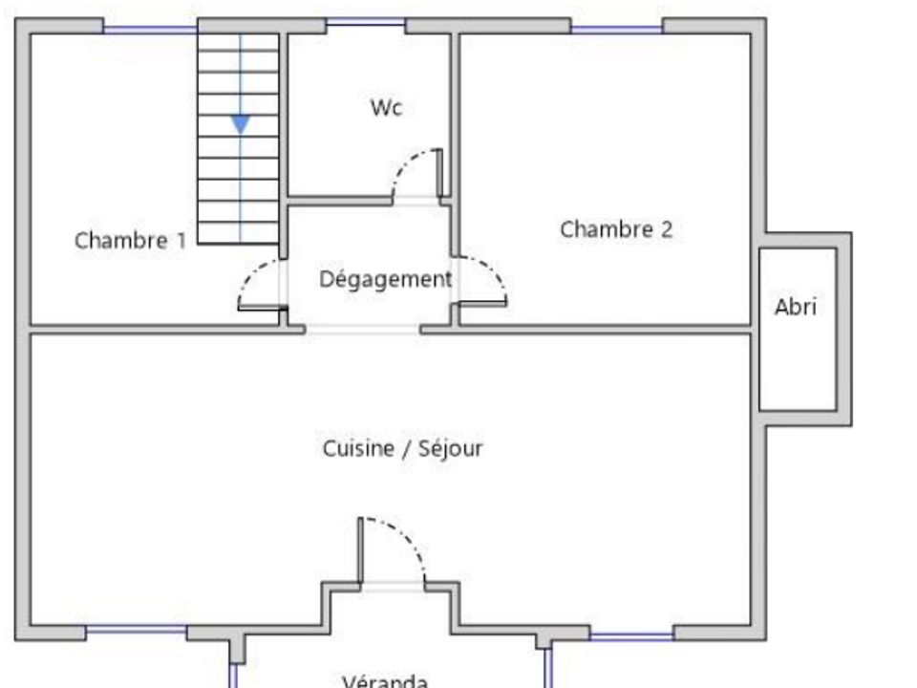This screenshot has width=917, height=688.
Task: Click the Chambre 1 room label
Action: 131,241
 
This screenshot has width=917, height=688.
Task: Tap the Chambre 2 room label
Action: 616,228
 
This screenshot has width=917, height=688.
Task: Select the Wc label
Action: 387,108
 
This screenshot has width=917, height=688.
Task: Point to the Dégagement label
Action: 386,279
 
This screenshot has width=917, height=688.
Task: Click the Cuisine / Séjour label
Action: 402,449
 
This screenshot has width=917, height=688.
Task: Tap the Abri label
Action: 796,307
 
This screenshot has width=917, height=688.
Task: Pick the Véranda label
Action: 385,681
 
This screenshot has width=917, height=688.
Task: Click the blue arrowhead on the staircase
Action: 241,124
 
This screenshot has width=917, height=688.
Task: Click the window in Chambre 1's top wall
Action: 150,30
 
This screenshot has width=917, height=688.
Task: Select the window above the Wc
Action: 366,22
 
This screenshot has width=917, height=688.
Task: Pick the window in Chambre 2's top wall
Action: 616,30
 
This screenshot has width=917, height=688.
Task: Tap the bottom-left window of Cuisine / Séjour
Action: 137,630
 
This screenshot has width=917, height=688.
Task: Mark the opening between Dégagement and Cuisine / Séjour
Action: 363,330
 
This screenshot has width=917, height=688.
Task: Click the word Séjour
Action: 451,449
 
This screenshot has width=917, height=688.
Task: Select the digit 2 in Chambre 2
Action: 667,228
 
